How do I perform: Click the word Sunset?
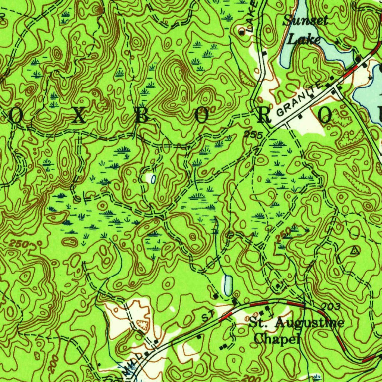tap(305, 21)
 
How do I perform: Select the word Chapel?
tap(277, 339)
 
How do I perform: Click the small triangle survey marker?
tap(355, 251)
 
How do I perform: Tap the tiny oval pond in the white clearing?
tap(153, 179)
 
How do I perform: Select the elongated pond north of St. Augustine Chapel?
tap(228, 286)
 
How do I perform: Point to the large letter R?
tap(265, 117)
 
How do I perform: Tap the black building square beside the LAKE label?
tap(242, 33)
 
